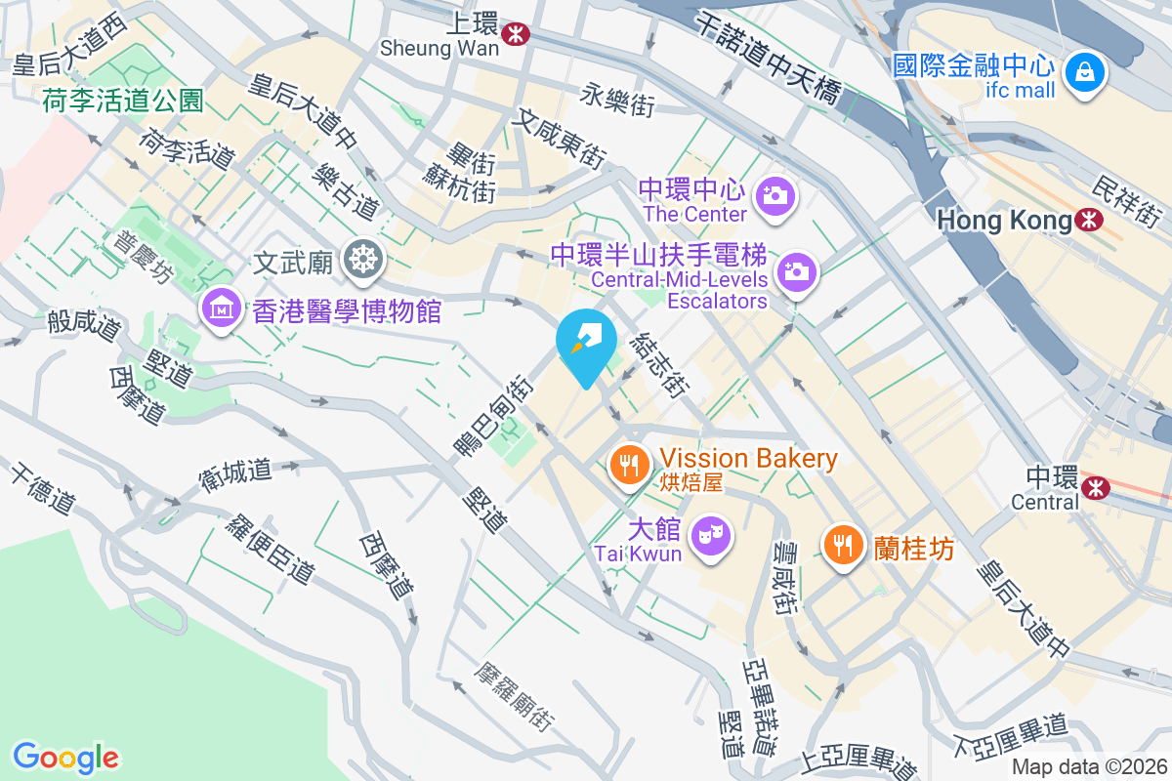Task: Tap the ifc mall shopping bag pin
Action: pyautogui.click(x=1083, y=70)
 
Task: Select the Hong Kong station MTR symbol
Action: pyautogui.click(x=1087, y=221)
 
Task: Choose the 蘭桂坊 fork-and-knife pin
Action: pyautogui.click(x=843, y=543)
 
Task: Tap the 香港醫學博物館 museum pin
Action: pyautogui.click(x=222, y=308)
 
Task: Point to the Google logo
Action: pyautogui.click(x=65, y=757)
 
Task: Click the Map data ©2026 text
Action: pyautogui.click(x=1089, y=766)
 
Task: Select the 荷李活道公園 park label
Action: pyautogui.click(x=122, y=101)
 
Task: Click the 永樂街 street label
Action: pyautogui.click(x=617, y=100)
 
